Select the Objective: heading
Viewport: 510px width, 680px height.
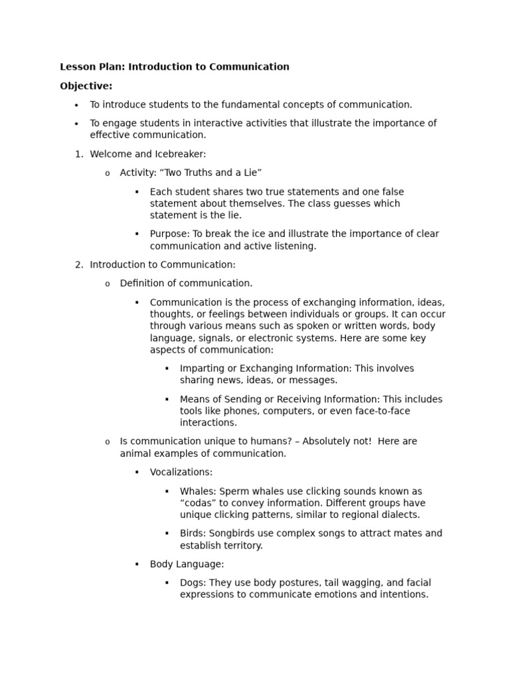pos(86,86)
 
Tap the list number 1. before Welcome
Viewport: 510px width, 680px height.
pos(79,154)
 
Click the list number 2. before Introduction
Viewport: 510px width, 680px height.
pos(79,264)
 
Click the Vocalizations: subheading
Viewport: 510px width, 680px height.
pos(181,472)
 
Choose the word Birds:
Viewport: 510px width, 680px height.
pos(193,533)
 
